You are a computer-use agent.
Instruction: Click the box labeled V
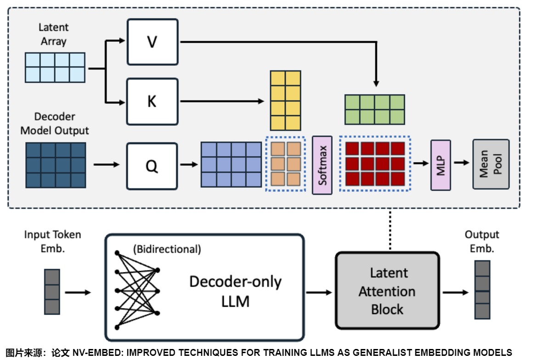click(x=152, y=42)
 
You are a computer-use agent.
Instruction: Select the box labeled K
click(x=152, y=101)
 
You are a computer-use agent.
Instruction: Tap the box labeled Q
click(x=152, y=166)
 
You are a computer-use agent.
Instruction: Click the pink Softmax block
click(x=322, y=165)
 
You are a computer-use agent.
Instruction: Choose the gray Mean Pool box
click(x=491, y=164)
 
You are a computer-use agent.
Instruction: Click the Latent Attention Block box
click(x=387, y=291)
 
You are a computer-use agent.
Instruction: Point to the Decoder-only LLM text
click(x=235, y=291)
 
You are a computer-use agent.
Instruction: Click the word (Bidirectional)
click(x=167, y=249)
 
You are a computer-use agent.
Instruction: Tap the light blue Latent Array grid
click(x=55, y=67)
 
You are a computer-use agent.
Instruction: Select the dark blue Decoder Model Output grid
click(x=56, y=165)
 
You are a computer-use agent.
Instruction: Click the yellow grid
click(x=285, y=101)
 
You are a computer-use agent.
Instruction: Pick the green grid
click(x=375, y=110)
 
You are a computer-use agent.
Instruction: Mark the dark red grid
click(x=375, y=163)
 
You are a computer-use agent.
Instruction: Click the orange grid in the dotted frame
click(x=285, y=163)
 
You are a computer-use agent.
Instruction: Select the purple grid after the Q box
click(x=231, y=164)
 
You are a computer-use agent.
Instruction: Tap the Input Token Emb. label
click(x=52, y=241)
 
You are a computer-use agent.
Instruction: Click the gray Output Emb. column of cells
click(x=482, y=290)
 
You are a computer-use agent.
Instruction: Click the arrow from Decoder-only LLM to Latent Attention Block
click(x=319, y=292)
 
